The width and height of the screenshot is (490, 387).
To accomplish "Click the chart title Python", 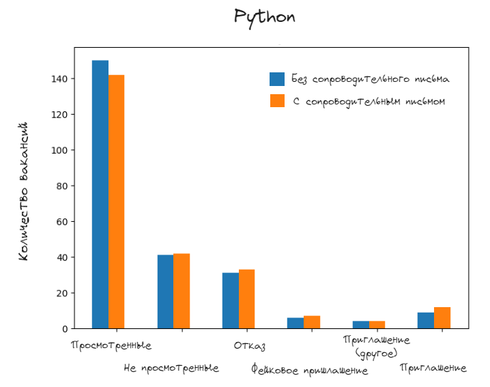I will pyautogui.click(x=265, y=17).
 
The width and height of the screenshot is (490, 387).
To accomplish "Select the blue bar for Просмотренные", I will pyautogui.click(x=100, y=195).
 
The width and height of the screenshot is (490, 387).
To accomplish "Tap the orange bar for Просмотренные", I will pyautogui.click(x=117, y=201).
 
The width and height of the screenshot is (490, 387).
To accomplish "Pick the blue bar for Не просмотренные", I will pyautogui.click(x=165, y=291).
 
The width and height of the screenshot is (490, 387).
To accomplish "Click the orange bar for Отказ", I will pyautogui.click(x=246, y=299).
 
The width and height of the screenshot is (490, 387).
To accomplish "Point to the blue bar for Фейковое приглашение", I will pyautogui.click(x=296, y=323).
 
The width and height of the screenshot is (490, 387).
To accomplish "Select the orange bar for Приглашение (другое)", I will pyautogui.click(x=377, y=325).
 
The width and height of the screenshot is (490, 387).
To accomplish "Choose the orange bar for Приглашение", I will pyautogui.click(x=442, y=318).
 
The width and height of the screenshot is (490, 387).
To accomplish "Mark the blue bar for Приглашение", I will pyautogui.click(x=426, y=321).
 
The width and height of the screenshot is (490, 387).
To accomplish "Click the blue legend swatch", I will pyautogui.click(x=277, y=79).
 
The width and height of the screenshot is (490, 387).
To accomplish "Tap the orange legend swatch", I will pyautogui.click(x=277, y=101).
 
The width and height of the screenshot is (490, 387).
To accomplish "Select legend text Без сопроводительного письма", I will pyautogui.click(x=370, y=79).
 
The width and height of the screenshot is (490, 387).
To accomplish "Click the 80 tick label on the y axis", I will pyautogui.click(x=61, y=186).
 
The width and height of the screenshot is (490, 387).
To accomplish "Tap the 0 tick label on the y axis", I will pyautogui.click(x=64, y=329).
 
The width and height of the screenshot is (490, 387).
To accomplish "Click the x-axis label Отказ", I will pyautogui.click(x=249, y=346).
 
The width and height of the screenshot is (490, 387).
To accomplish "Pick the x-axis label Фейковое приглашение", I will pyautogui.click(x=309, y=371).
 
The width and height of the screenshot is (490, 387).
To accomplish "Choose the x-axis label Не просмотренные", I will pyautogui.click(x=171, y=369).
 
